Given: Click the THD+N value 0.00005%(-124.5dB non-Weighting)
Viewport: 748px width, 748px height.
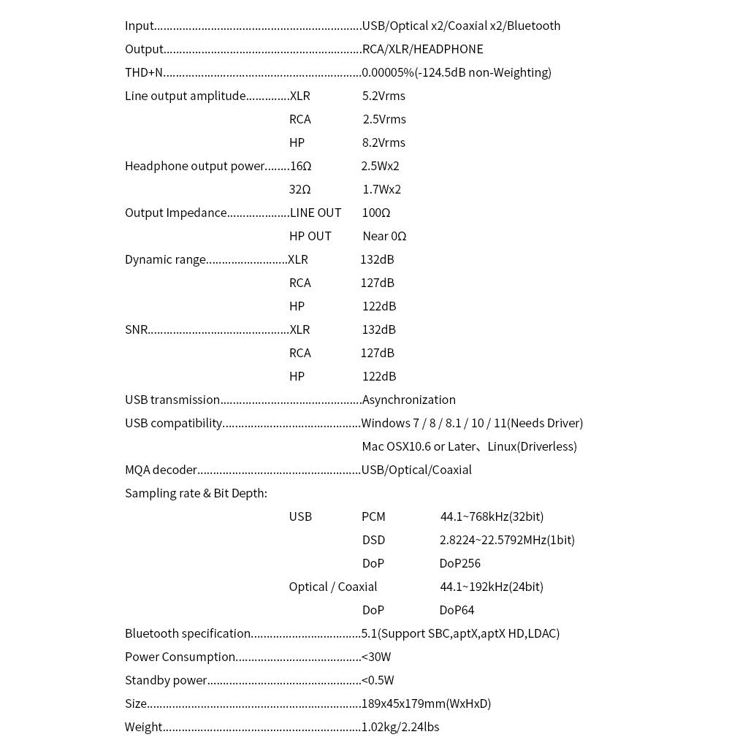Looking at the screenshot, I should (x=457, y=72).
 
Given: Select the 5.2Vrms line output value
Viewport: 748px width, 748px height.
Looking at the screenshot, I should (x=383, y=96).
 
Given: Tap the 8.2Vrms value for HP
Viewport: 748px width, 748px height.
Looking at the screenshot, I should (x=383, y=142).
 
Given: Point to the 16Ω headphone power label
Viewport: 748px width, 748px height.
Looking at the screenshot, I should (x=300, y=166).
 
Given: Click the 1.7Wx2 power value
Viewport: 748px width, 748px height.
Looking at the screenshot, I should (x=381, y=189).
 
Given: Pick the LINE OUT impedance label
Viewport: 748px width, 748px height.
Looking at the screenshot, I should (x=316, y=213).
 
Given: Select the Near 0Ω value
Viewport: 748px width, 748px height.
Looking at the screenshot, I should (x=384, y=236).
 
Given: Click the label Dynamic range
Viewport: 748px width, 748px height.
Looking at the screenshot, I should (x=165, y=259).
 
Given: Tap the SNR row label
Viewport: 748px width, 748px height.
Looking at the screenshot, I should (x=137, y=329).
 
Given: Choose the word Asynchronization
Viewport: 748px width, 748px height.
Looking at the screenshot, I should (x=409, y=400).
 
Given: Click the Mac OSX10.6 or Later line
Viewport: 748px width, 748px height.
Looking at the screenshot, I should (x=469, y=446).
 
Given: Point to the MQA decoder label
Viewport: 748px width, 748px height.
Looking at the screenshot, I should (x=161, y=470).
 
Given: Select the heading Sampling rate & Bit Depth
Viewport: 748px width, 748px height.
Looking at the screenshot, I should (x=196, y=493).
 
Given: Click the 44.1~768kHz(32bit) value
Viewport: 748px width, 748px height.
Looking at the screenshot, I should (x=492, y=516).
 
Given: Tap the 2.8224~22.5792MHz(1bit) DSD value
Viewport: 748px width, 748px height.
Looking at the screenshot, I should (x=507, y=540).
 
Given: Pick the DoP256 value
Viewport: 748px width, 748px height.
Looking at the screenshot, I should (x=459, y=563).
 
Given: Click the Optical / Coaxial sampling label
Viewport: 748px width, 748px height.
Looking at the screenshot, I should (x=333, y=587).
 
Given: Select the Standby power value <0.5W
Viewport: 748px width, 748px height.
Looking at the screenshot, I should (x=378, y=680).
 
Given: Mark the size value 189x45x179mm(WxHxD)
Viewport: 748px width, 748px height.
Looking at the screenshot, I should (x=427, y=703).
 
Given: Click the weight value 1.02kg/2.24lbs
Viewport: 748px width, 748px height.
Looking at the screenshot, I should (x=400, y=727).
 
